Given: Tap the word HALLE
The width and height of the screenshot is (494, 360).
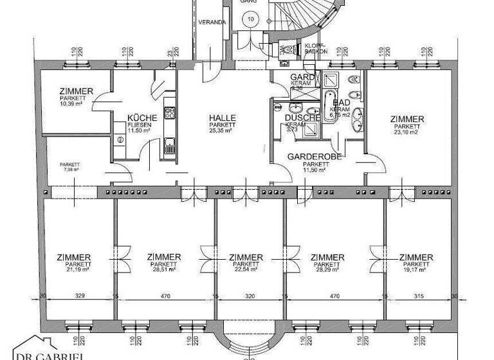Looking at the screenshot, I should pyautogui.click(x=222, y=118).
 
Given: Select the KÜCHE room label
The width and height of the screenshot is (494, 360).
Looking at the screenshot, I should pyautogui.click(x=139, y=118).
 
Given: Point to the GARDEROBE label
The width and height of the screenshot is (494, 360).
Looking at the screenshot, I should pyautogui.click(x=314, y=156).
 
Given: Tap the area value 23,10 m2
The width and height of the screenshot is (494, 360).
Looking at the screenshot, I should pyautogui.click(x=407, y=132).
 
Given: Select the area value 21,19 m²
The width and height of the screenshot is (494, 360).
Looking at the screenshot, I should pyautogui.click(x=73, y=270).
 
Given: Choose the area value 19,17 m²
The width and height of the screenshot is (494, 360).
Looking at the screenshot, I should pyautogui.click(x=416, y=270).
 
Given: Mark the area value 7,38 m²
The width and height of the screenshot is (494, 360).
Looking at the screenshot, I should pyautogui.click(x=69, y=169).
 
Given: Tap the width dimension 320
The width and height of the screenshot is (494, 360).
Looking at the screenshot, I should pyautogui.click(x=250, y=298).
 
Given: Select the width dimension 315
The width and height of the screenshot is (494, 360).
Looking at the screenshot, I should pyautogui.click(x=419, y=298).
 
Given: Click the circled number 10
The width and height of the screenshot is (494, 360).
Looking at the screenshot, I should pyautogui.click(x=250, y=19).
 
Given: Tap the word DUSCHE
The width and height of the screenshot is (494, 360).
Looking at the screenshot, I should pyautogui.click(x=302, y=118).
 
